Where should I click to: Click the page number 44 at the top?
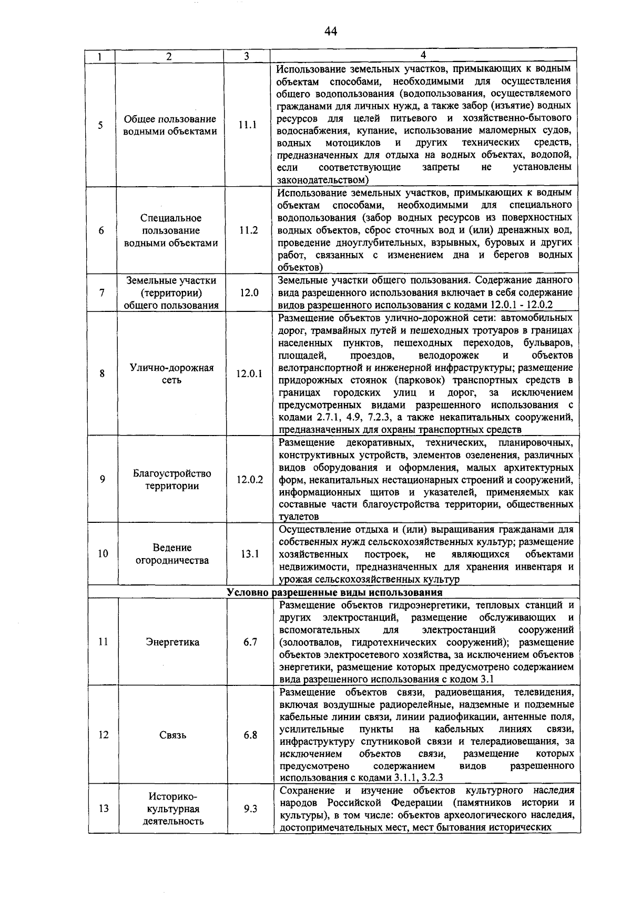tap(330, 32)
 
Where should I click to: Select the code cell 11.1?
tap(247, 125)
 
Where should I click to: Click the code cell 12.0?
tap(249, 293)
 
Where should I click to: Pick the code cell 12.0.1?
tap(249, 373)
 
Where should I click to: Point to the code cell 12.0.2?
tap(250, 479)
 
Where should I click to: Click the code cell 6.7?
tap(250, 642)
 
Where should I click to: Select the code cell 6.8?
tap(250, 735)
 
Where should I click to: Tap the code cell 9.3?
tap(250, 809)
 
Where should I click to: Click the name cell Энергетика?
tap(172, 642)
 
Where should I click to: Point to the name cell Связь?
tap(172, 735)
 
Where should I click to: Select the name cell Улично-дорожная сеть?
tap(171, 373)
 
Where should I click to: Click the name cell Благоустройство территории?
tap(172, 479)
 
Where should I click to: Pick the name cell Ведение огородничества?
tap(172, 554)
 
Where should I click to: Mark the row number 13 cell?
tap(104, 808)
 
